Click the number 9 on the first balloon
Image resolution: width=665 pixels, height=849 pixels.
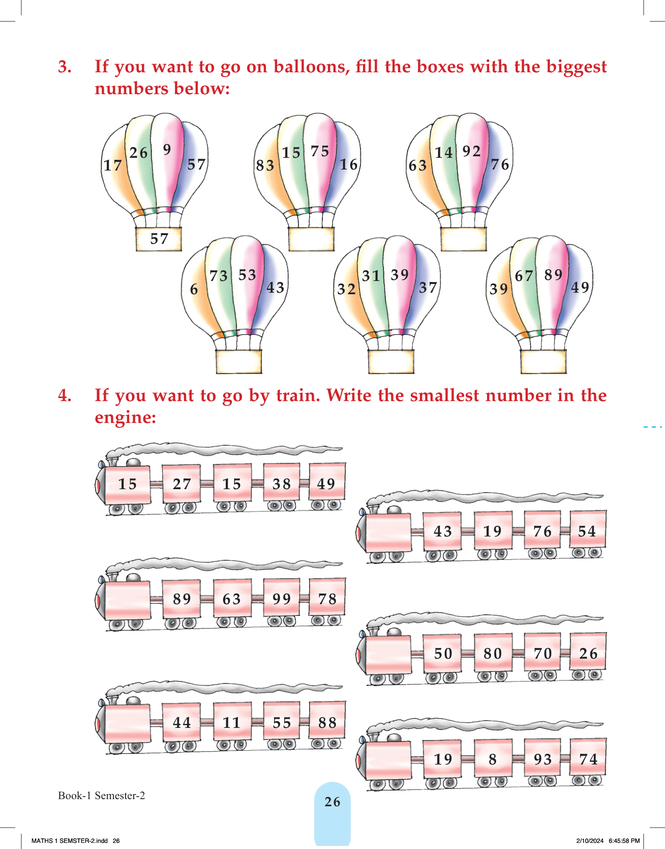(x=167, y=150)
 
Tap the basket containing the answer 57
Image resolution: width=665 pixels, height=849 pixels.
(x=159, y=239)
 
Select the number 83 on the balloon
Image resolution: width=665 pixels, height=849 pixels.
(x=265, y=165)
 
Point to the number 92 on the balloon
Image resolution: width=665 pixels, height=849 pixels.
(x=471, y=151)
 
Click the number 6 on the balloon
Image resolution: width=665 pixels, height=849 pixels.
(x=194, y=290)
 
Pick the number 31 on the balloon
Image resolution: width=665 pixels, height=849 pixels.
(x=371, y=276)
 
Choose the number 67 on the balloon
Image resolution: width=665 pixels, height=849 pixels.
(x=524, y=276)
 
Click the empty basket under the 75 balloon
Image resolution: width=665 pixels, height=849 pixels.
(x=311, y=239)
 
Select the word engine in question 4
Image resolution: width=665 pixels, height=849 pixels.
(x=125, y=418)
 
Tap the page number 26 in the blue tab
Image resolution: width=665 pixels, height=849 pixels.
(x=332, y=802)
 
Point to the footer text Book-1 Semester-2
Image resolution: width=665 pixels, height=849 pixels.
(x=102, y=796)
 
